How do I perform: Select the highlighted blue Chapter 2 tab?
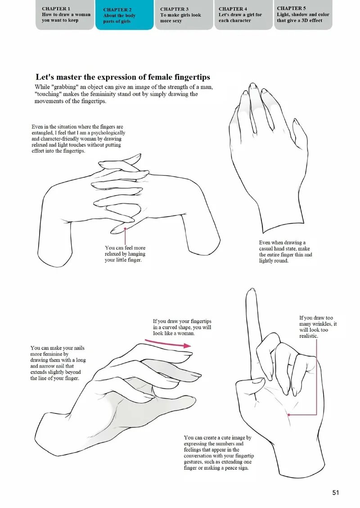124,15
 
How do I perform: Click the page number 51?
336,492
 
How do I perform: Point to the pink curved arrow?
168,343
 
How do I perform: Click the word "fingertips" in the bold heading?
192,77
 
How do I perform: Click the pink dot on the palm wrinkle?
288,414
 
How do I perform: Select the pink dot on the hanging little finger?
125,229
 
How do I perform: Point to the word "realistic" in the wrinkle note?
308,336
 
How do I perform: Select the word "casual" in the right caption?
267,248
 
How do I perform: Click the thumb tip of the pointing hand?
259,380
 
